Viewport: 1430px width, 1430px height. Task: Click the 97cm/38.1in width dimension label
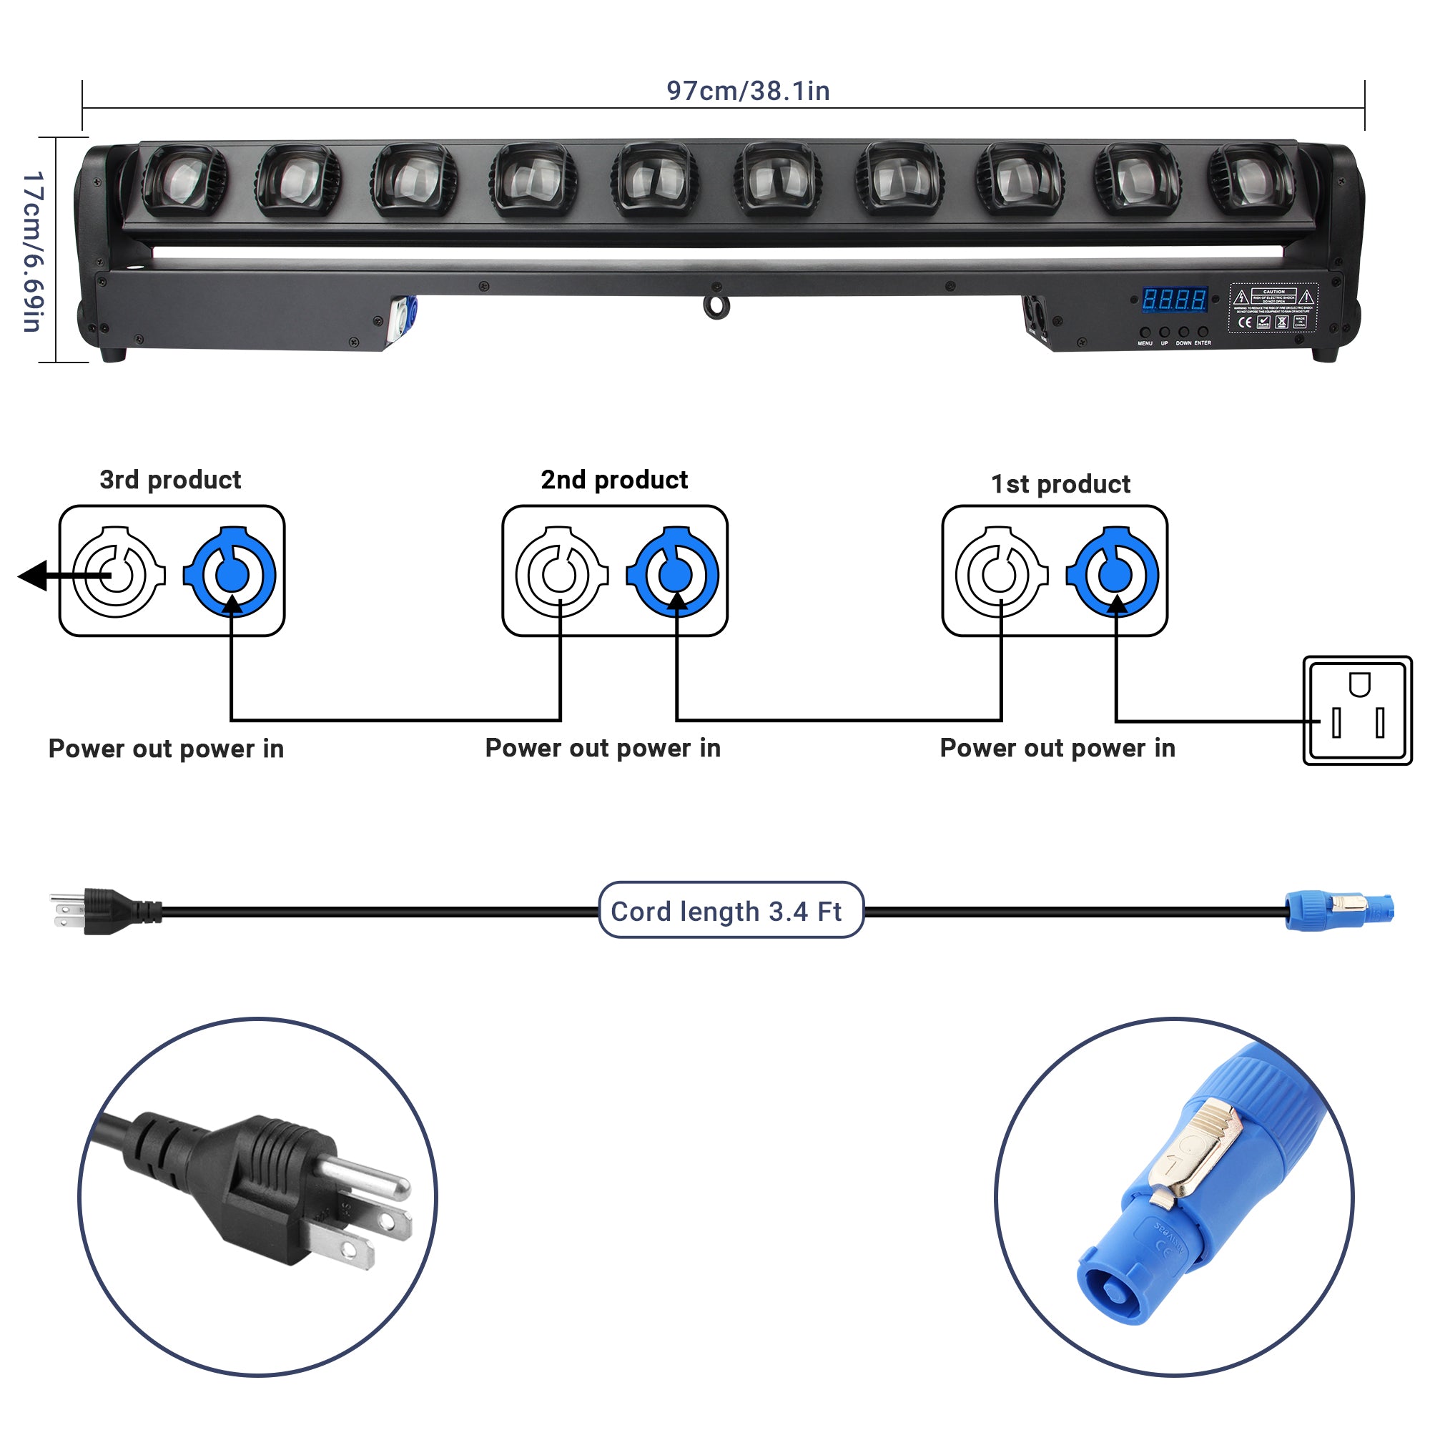point(748,91)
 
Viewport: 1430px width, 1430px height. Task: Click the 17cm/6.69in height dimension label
point(34,252)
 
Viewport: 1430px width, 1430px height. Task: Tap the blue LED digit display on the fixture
point(1174,300)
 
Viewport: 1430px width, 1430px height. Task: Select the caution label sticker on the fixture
point(1273,307)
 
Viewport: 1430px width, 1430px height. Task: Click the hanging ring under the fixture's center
point(716,307)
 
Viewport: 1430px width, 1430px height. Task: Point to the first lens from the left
point(184,181)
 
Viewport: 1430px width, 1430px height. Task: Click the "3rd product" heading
point(170,480)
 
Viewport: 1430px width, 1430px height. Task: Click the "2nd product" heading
point(614,480)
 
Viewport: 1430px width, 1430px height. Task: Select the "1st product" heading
point(1060,484)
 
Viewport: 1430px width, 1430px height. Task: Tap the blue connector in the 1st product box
point(1114,573)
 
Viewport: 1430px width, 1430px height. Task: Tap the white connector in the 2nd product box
point(561,573)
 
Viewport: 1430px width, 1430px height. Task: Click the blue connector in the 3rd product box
point(231,573)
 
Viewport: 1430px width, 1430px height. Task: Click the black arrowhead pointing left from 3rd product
point(34,576)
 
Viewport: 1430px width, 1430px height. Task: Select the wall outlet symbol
point(1358,711)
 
